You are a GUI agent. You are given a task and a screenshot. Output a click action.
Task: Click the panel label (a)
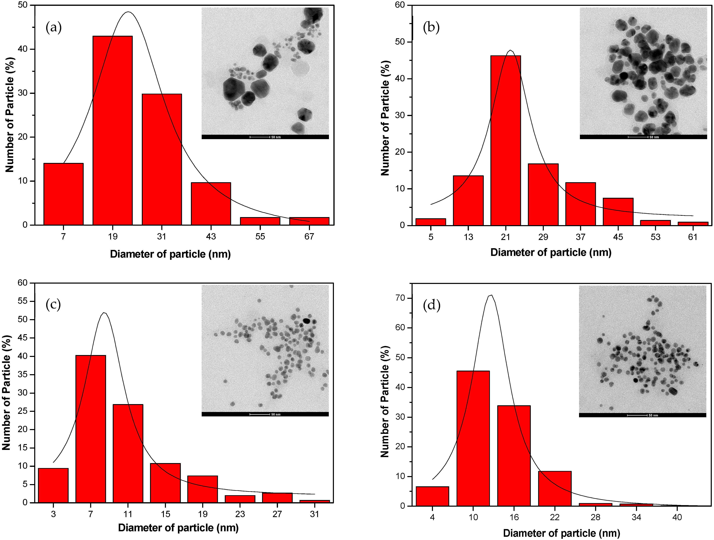54,27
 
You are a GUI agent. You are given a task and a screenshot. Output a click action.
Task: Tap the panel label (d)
432,305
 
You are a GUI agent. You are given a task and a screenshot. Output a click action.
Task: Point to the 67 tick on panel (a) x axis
309,236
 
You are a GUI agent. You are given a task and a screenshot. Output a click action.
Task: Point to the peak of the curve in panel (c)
104,313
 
